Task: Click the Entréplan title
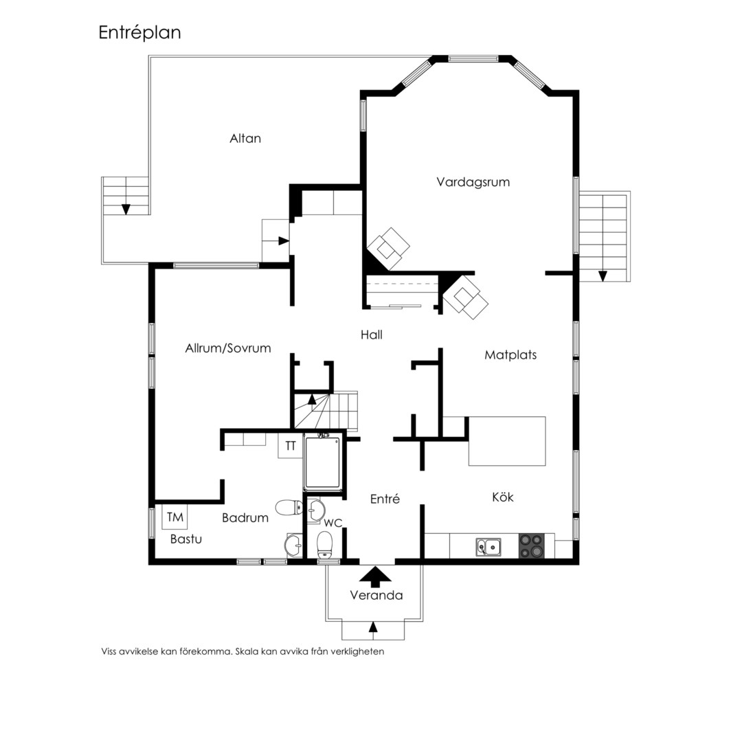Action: coord(139,33)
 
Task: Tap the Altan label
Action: coord(245,138)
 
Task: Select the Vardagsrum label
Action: coord(473,182)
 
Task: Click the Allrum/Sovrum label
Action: coord(228,348)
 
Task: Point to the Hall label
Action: coord(372,335)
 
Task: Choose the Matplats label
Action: coord(510,355)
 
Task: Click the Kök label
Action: coord(502,497)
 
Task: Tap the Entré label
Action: coord(385,499)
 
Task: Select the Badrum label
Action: coord(245,518)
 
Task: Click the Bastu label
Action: coord(186,539)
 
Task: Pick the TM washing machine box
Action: coord(175,517)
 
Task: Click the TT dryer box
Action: coord(290,446)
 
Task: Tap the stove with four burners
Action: coord(531,546)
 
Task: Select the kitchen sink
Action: coord(489,547)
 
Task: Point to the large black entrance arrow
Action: coord(375,577)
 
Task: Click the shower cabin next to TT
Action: coord(323,463)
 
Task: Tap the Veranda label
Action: coord(376,595)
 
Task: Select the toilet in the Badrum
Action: coord(289,508)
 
